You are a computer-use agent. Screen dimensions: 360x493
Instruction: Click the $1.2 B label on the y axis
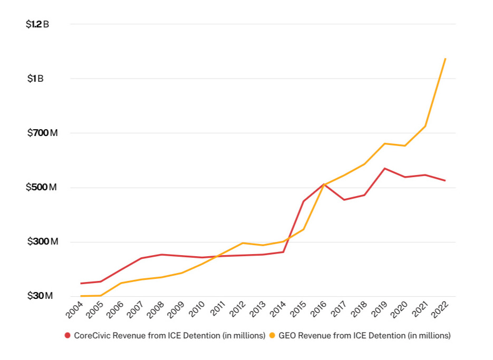(37, 24)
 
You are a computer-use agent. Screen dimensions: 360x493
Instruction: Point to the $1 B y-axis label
(36, 79)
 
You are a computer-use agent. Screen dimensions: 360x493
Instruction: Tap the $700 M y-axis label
(42, 133)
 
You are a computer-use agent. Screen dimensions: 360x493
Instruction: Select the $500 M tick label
(42, 188)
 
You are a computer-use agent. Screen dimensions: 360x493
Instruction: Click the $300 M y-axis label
(42, 242)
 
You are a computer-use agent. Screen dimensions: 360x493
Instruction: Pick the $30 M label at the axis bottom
(40, 296)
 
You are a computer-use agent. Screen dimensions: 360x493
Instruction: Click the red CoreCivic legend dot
(67, 335)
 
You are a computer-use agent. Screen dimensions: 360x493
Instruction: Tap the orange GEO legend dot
(272, 335)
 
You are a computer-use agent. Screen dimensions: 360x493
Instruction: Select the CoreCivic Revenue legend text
(169, 335)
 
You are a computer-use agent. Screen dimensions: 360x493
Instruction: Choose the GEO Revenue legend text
(364, 335)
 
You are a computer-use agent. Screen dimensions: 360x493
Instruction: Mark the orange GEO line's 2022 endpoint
(446, 59)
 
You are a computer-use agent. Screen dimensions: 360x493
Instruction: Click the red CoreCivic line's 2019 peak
(385, 168)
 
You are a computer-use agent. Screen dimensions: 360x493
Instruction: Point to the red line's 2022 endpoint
(446, 181)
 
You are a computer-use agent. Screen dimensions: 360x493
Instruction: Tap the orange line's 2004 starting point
(81, 296)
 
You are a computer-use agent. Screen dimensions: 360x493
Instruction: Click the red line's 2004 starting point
(81, 284)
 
